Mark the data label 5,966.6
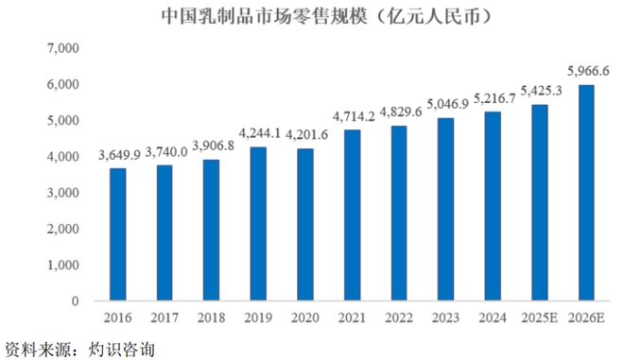click(x=588, y=70)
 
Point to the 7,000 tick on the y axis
click(x=63, y=47)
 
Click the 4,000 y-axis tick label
click(x=63, y=157)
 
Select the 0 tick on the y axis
click(x=75, y=301)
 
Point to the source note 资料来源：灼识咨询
click(x=78, y=347)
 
